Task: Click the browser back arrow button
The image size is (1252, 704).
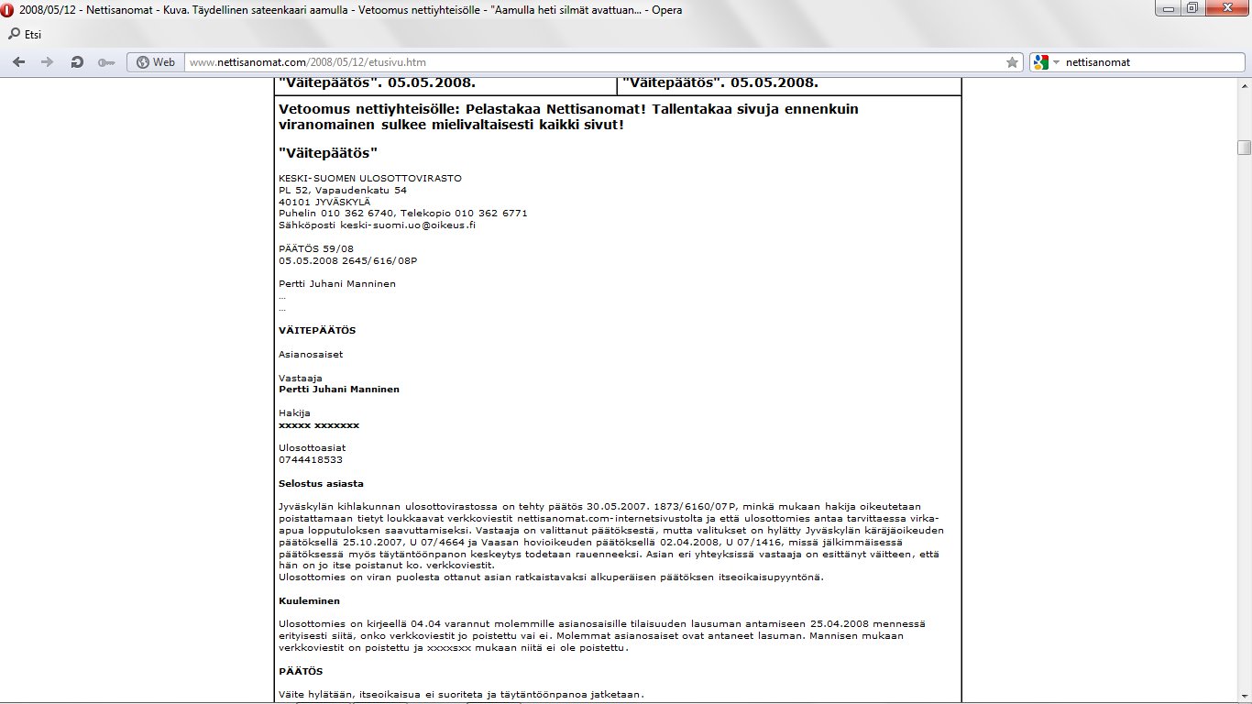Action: (x=19, y=62)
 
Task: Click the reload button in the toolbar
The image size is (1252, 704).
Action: (x=77, y=62)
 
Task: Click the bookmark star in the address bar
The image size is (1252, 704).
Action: (x=1012, y=62)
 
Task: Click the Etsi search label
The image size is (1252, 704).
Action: (x=30, y=35)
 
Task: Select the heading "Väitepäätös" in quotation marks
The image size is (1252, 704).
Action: (x=328, y=152)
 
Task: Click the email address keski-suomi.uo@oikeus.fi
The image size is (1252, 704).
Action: (x=408, y=225)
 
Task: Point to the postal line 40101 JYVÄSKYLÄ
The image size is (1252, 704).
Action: (x=324, y=202)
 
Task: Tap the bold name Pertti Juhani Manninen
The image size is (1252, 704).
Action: (x=339, y=389)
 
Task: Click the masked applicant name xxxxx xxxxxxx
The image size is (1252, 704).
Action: (x=319, y=425)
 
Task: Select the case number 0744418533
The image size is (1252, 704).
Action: (x=311, y=459)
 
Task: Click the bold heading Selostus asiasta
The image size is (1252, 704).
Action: (x=321, y=483)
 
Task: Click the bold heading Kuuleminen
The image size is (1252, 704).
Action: (x=309, y=601)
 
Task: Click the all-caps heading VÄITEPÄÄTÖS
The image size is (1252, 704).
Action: (x=317, y=330)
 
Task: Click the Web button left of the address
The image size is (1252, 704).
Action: (x=155, y=62)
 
